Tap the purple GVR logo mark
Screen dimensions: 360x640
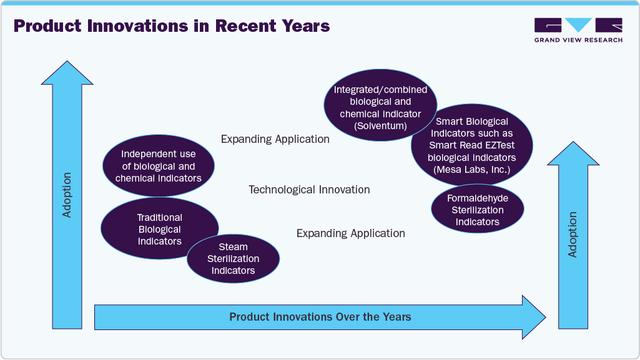pos(578,25)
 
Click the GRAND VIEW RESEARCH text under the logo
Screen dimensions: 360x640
pos(578,40)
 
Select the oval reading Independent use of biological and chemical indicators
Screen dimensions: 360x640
pos(158,166)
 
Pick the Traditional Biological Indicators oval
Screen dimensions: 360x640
pos(159,229)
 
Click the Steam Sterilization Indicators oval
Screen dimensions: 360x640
pos(234,259)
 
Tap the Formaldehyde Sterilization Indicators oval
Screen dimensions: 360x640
pos(477,210)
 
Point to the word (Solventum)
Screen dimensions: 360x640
pos(380,126)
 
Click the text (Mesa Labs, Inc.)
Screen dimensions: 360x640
pos(471,169)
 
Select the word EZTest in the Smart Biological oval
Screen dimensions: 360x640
pos(496,145)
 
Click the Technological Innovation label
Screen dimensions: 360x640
pos(309,190)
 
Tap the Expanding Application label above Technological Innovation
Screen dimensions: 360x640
pos(275,139)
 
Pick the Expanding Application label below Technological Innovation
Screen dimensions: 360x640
pos(350,233)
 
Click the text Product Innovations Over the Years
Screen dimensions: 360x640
pos(320,317)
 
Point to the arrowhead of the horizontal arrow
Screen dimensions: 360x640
pos(534,317)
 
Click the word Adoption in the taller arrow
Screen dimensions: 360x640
pos(67,195)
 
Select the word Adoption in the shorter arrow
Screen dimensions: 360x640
pos(573,235)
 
